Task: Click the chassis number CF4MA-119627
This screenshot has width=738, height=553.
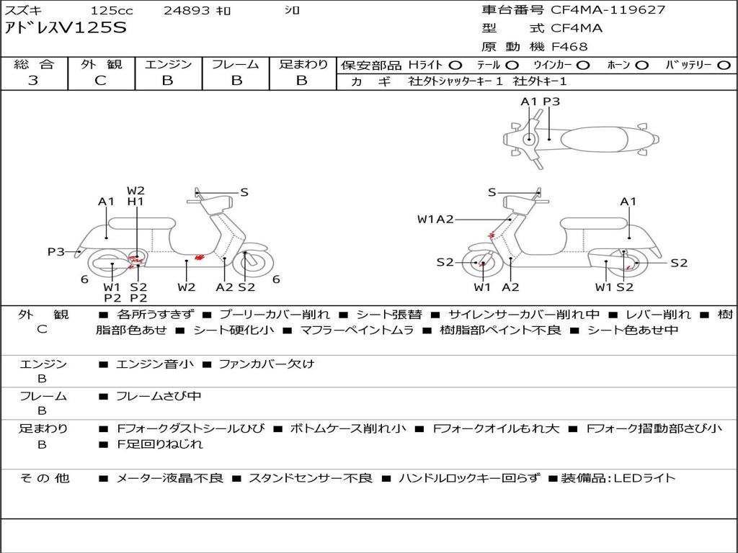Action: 608,10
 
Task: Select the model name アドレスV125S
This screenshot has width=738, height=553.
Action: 66,28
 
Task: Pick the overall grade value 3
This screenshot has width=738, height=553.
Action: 33,81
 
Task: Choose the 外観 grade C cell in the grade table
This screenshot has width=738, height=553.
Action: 101,81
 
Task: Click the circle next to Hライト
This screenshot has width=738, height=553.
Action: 455,66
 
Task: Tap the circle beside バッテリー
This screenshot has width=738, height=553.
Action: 724,66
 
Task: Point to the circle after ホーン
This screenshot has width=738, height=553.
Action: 641,66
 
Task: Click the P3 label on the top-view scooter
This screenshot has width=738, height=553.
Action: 551,102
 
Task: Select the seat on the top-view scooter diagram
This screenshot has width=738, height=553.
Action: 594,139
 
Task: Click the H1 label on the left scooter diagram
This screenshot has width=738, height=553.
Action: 135,202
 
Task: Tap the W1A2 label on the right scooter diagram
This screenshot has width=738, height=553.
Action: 435,219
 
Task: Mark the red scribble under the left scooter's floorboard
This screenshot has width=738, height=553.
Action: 199,257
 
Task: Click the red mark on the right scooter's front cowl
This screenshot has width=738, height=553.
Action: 492,234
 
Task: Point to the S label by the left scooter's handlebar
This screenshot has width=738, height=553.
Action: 244,192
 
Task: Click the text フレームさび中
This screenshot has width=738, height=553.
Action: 159,397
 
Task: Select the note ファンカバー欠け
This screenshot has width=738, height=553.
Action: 267,364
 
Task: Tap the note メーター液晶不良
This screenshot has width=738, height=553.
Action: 169,478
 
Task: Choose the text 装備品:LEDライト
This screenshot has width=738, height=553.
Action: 618,478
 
